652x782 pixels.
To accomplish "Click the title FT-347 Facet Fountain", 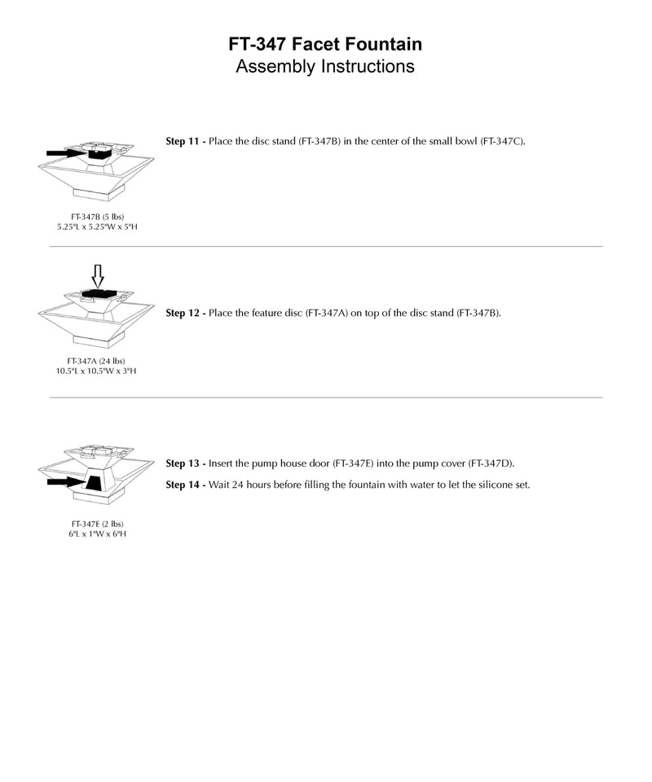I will click(325, 43).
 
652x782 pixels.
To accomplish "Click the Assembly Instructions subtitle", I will click(325, 66).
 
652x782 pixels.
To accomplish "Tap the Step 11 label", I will click(185, 142).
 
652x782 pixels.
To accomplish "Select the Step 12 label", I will click(185, 313).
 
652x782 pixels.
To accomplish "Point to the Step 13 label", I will click(185, 463).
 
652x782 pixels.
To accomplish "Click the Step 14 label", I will click(185, 485).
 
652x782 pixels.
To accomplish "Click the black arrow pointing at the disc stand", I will click(64, 152).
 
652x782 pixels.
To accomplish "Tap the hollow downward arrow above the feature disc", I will click(96, 276).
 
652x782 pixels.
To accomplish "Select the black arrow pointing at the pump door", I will click(65, 482).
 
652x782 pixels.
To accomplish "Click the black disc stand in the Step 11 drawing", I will click(99, 152).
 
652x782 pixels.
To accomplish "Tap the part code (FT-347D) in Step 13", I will click(490, 463).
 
